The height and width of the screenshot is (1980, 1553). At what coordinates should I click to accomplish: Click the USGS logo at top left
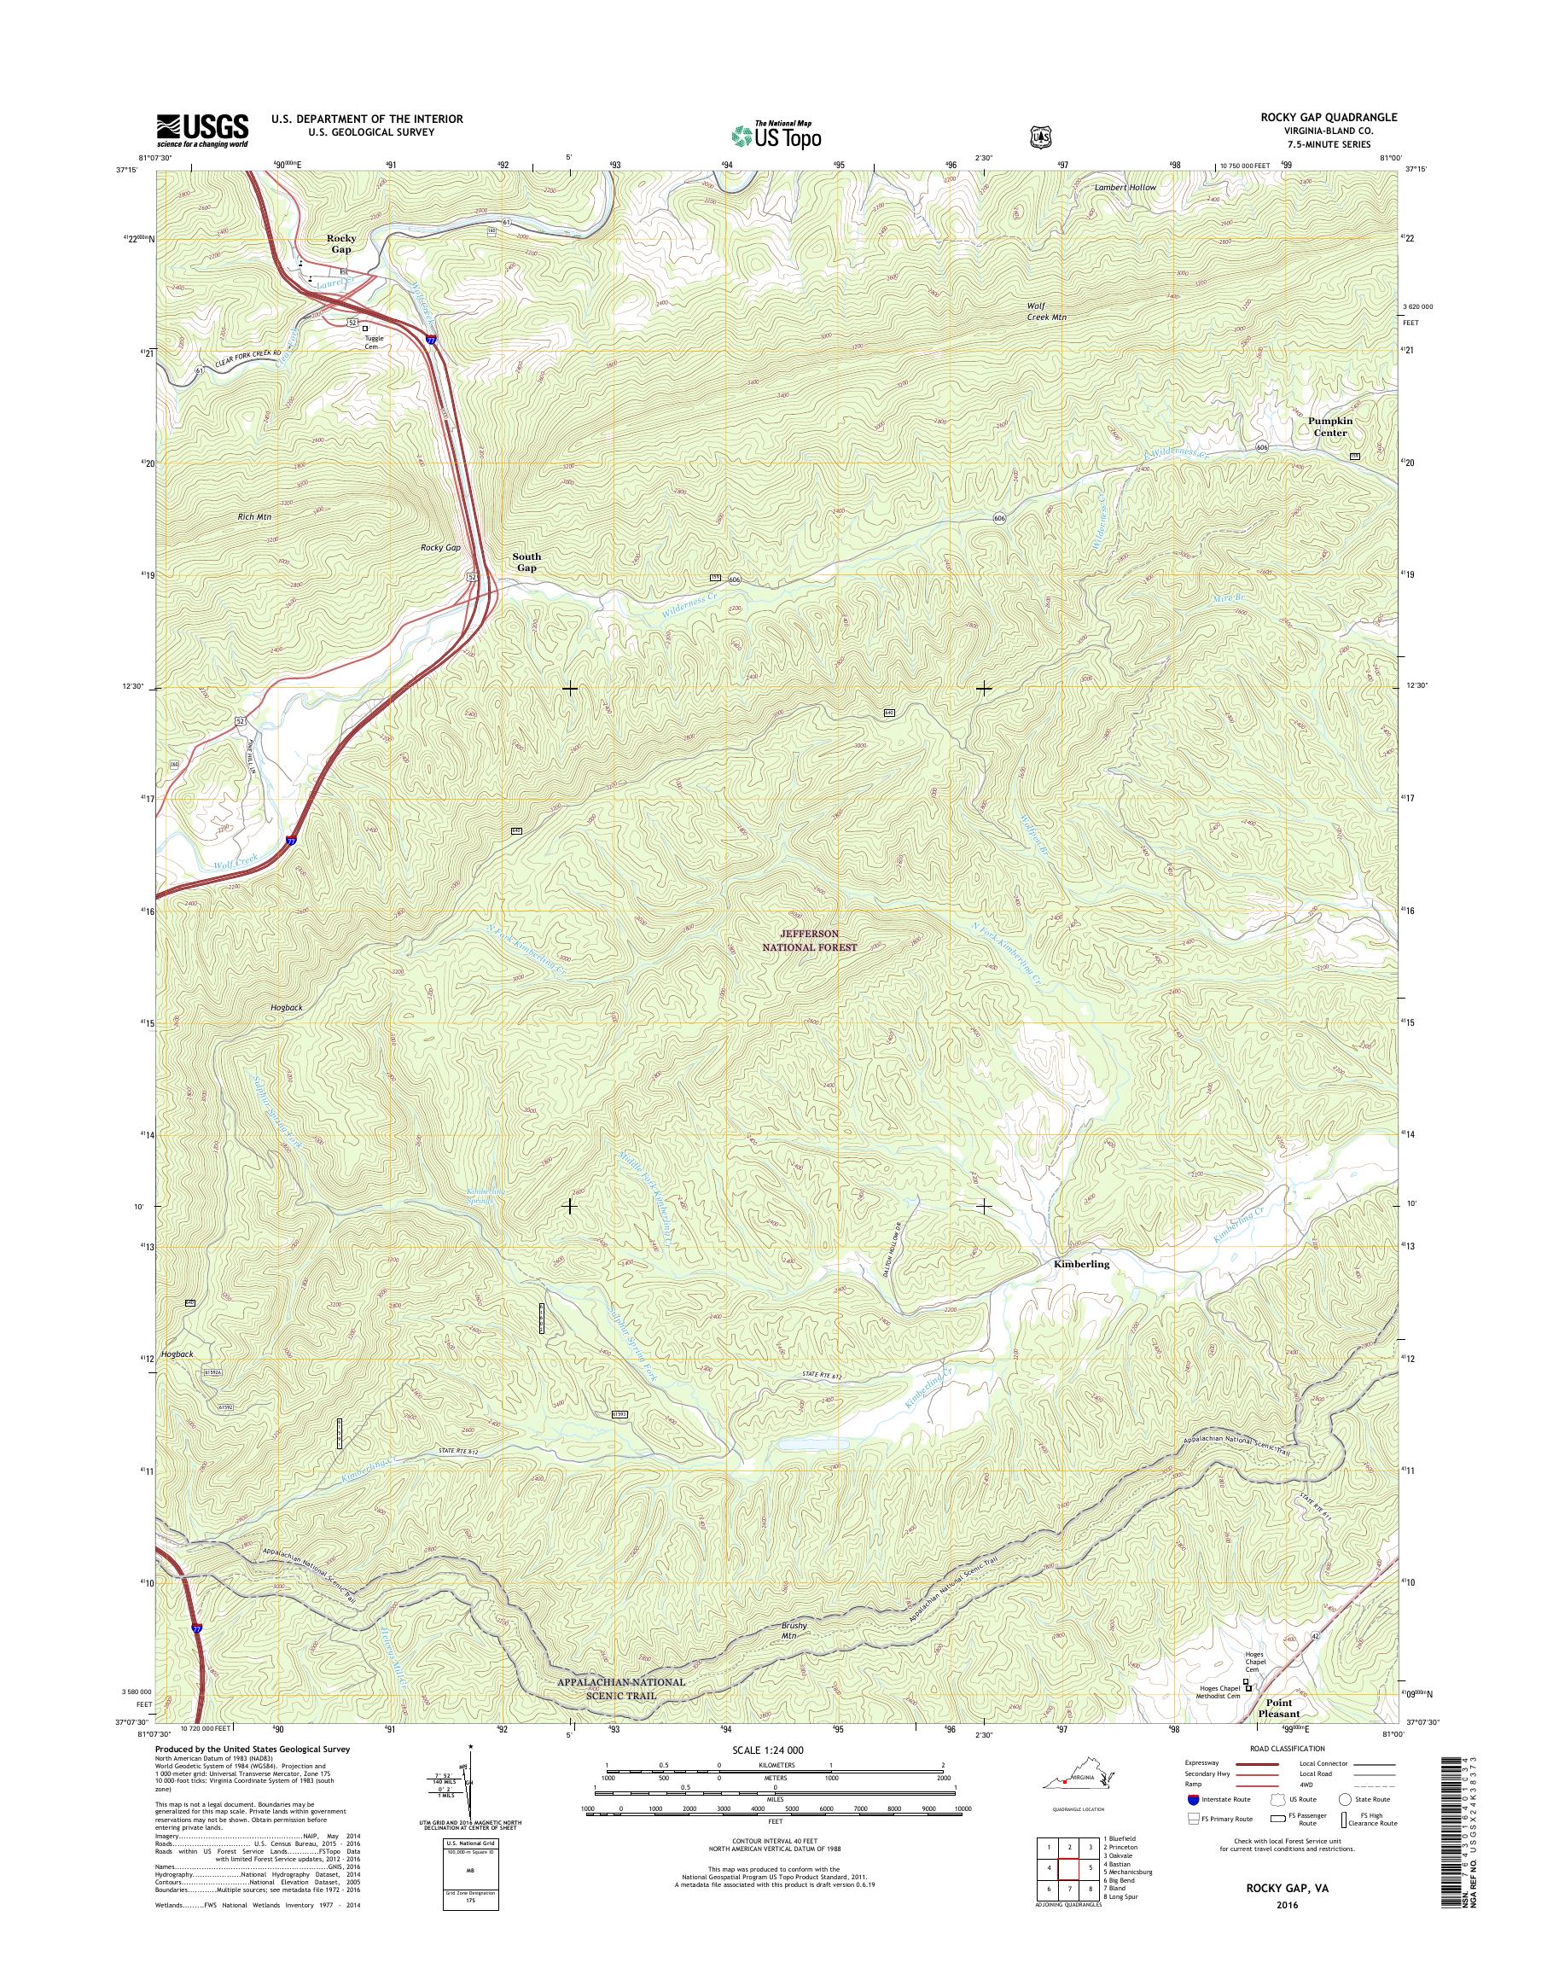(202, 130)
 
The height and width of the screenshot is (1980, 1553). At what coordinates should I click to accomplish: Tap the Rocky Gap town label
(341, 244)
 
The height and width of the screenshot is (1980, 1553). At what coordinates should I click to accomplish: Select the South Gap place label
(526, 562)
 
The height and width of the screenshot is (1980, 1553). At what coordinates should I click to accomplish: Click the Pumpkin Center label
(1329, 427)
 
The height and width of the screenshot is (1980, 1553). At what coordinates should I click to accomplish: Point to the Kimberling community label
(1081, 1264)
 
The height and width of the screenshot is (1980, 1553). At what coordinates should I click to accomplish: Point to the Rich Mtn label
(254, 516)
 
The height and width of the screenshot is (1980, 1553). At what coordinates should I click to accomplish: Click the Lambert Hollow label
(1125, 188)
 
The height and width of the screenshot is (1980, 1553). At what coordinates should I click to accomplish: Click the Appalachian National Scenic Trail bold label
(622, 1688)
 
